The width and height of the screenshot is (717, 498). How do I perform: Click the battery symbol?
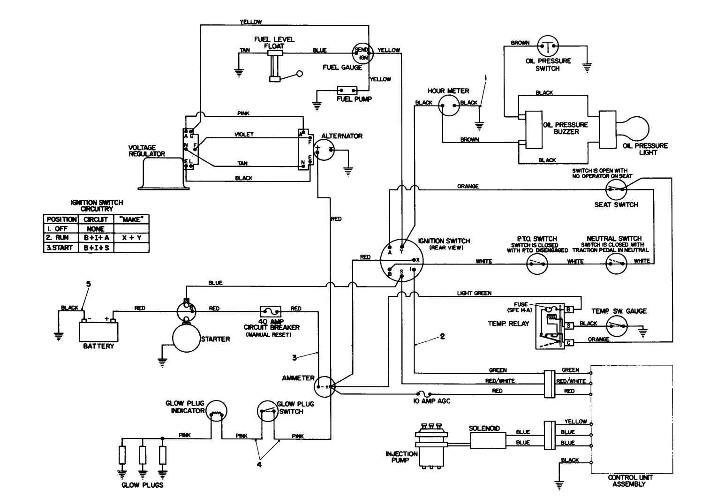click(98, 330)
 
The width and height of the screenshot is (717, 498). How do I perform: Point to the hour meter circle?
click(448, 106)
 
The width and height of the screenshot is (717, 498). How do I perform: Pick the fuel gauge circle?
click(362, 53)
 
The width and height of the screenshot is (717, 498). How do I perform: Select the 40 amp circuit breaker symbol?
click(271, 311)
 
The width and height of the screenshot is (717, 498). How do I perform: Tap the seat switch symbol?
click(615, 190)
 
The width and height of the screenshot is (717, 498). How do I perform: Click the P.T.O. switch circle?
click(536, 264)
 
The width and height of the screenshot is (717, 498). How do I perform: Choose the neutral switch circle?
click(616, 264)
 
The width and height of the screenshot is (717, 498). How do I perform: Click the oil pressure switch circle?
click(548, 46)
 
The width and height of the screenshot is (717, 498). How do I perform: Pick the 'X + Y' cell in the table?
click(131, 238)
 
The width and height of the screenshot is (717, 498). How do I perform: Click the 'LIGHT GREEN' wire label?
click(474, 293)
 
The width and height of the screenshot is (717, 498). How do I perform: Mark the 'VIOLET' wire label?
click(244, 135)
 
